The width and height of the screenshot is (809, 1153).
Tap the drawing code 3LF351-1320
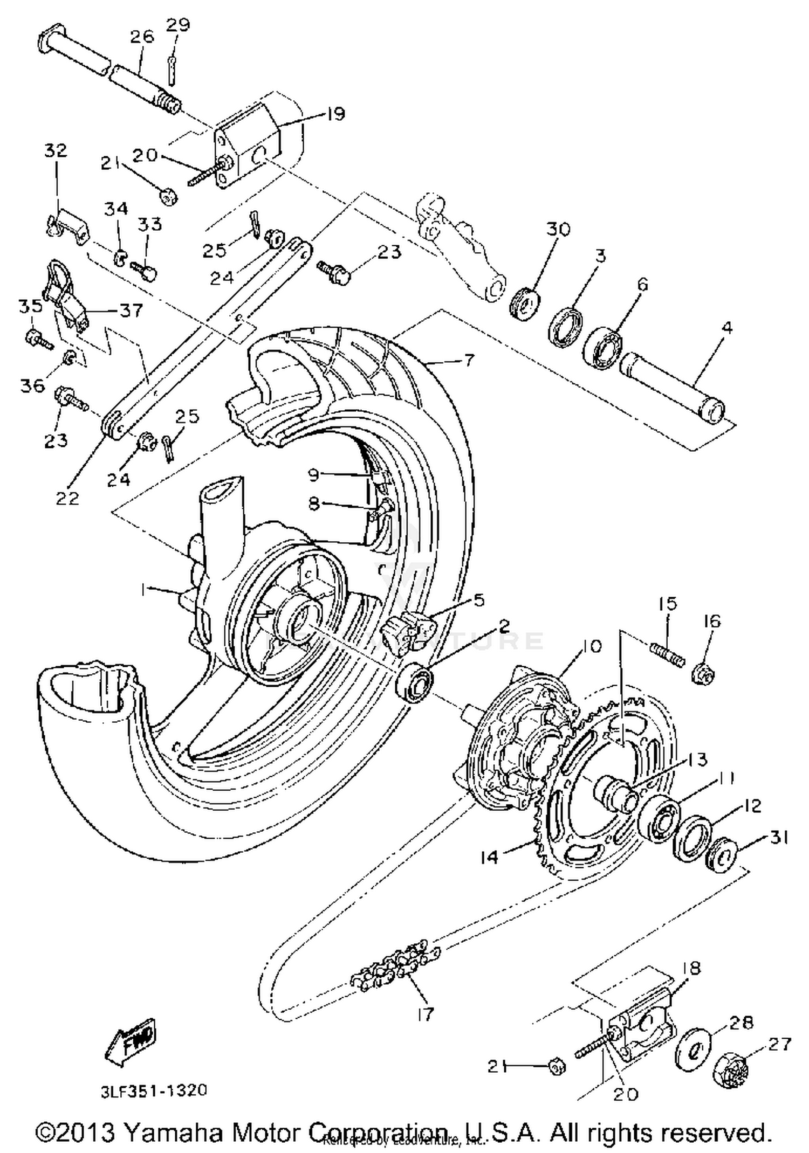click(154, 1090)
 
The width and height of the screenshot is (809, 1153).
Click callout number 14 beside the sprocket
click(490, 857)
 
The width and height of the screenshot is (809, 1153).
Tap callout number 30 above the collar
click(558, 229)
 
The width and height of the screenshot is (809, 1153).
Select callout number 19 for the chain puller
click(335, 114)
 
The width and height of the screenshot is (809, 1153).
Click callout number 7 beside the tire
click(469, 360)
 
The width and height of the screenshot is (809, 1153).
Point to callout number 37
click(131, 310)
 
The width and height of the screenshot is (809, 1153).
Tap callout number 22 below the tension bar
click(67, 498)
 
